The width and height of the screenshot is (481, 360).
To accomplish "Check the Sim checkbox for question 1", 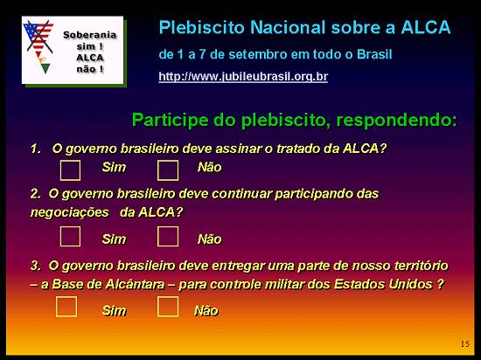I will coord(70,168).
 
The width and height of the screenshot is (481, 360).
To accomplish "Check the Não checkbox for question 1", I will coord(168,168).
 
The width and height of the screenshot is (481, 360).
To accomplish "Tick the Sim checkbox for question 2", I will coord(70,237).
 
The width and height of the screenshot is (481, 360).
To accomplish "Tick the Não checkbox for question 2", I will coord(168,237).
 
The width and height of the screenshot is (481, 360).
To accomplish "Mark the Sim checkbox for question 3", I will coord(66,307).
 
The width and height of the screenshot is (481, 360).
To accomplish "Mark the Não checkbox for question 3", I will coord(168,307).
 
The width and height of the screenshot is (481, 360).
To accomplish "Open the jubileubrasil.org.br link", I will coord(243,77).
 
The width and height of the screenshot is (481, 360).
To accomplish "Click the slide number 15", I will coord(464,343).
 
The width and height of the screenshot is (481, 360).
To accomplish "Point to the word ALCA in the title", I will coord(423,27).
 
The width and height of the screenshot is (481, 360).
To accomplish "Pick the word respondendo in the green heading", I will coord(399,119).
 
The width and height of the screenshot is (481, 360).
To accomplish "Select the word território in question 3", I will coord(416,264).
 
